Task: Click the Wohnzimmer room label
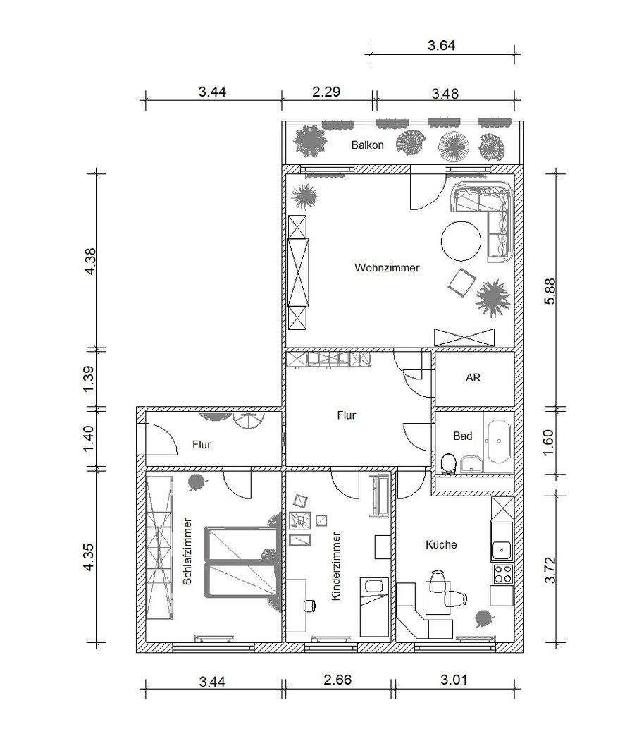click(x=387, y=268)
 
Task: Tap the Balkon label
click(x=367, y=145)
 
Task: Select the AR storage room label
click(x=473, y=378)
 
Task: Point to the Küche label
click(x=441, y=544)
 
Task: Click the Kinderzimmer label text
click(x=336, y=566)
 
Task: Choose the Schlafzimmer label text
click(x=187, y=551)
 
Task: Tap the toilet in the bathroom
click(x=448, y=463)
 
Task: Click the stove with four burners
click(x=502, y=573)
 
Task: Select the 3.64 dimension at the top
click(x=442, y=46)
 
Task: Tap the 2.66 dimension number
click(x=337, y=680)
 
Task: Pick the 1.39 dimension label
click(x=89, y=379)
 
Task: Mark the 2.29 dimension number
click(x=326, y=91)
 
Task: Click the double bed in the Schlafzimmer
click(x=242, y=562)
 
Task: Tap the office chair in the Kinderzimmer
click(x=310, y=606)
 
